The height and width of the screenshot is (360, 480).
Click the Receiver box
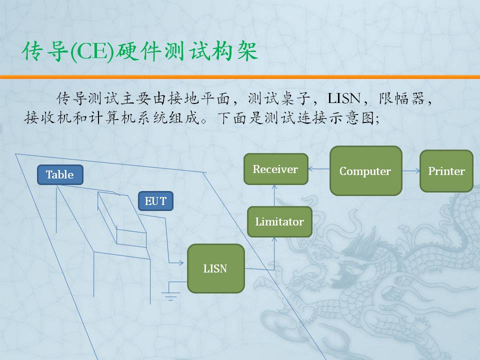[276, 169]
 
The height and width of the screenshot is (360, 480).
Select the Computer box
[366, 171]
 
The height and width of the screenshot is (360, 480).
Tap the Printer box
[446, 171]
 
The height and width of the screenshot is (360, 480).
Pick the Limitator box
[279, 221]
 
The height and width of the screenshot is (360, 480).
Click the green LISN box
[216, 268]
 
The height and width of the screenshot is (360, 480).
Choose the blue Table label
[60, 174]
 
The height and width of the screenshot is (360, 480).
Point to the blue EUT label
[155, 201]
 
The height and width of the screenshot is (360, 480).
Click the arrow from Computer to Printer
[411, 171]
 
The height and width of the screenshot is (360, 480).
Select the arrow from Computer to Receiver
[319, 168]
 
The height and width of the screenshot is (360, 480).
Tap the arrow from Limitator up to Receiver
[274, 195]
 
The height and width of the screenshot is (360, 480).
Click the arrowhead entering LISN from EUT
[181, 262]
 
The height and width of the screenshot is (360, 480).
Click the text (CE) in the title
[92, 51]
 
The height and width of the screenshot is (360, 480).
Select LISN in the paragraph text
[344, 98]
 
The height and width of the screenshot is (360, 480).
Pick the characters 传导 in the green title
[45, 51]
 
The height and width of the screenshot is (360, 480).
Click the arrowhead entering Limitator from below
[274, 239]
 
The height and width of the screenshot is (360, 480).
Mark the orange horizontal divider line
[240, 77]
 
